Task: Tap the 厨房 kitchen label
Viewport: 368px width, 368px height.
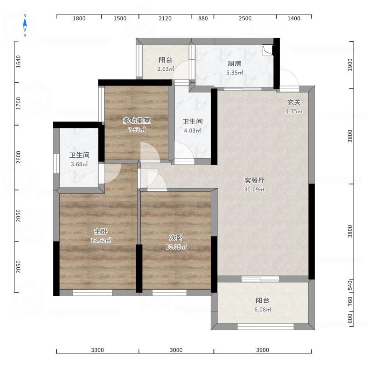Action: (x=235, y=63)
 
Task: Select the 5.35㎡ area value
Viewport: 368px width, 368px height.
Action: (x=235, y=73)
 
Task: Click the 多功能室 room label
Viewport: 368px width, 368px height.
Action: (x=137, y=121)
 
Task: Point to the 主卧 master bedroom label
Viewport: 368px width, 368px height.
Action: (x=101, y=232)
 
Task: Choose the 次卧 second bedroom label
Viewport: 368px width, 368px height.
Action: (x=176, y=238)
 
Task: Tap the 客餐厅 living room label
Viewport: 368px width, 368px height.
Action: (x=254, y=180)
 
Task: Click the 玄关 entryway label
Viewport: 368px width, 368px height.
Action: (x=294, y=102)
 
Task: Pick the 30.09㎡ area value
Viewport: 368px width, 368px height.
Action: (x=254, y=189)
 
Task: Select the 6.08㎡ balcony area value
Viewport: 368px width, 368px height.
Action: (x=263, y=310)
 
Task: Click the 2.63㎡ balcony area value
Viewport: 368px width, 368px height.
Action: (x=166, y=69)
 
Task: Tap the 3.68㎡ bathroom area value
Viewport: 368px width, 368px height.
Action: (x=79, y=164)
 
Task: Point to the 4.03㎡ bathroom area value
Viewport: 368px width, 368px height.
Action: (x=192, y=131)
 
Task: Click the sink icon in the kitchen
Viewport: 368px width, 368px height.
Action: (x=268, y=50)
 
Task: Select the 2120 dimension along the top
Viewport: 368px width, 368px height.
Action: (x=165, y=18)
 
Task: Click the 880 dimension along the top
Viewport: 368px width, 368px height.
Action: (x=203, y=18)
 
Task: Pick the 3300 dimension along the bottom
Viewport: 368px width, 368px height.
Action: (x=98, y=350)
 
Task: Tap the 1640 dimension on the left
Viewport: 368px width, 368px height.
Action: (x=18, y=62)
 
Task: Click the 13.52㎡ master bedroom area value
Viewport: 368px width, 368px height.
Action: (x=101, y=241)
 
